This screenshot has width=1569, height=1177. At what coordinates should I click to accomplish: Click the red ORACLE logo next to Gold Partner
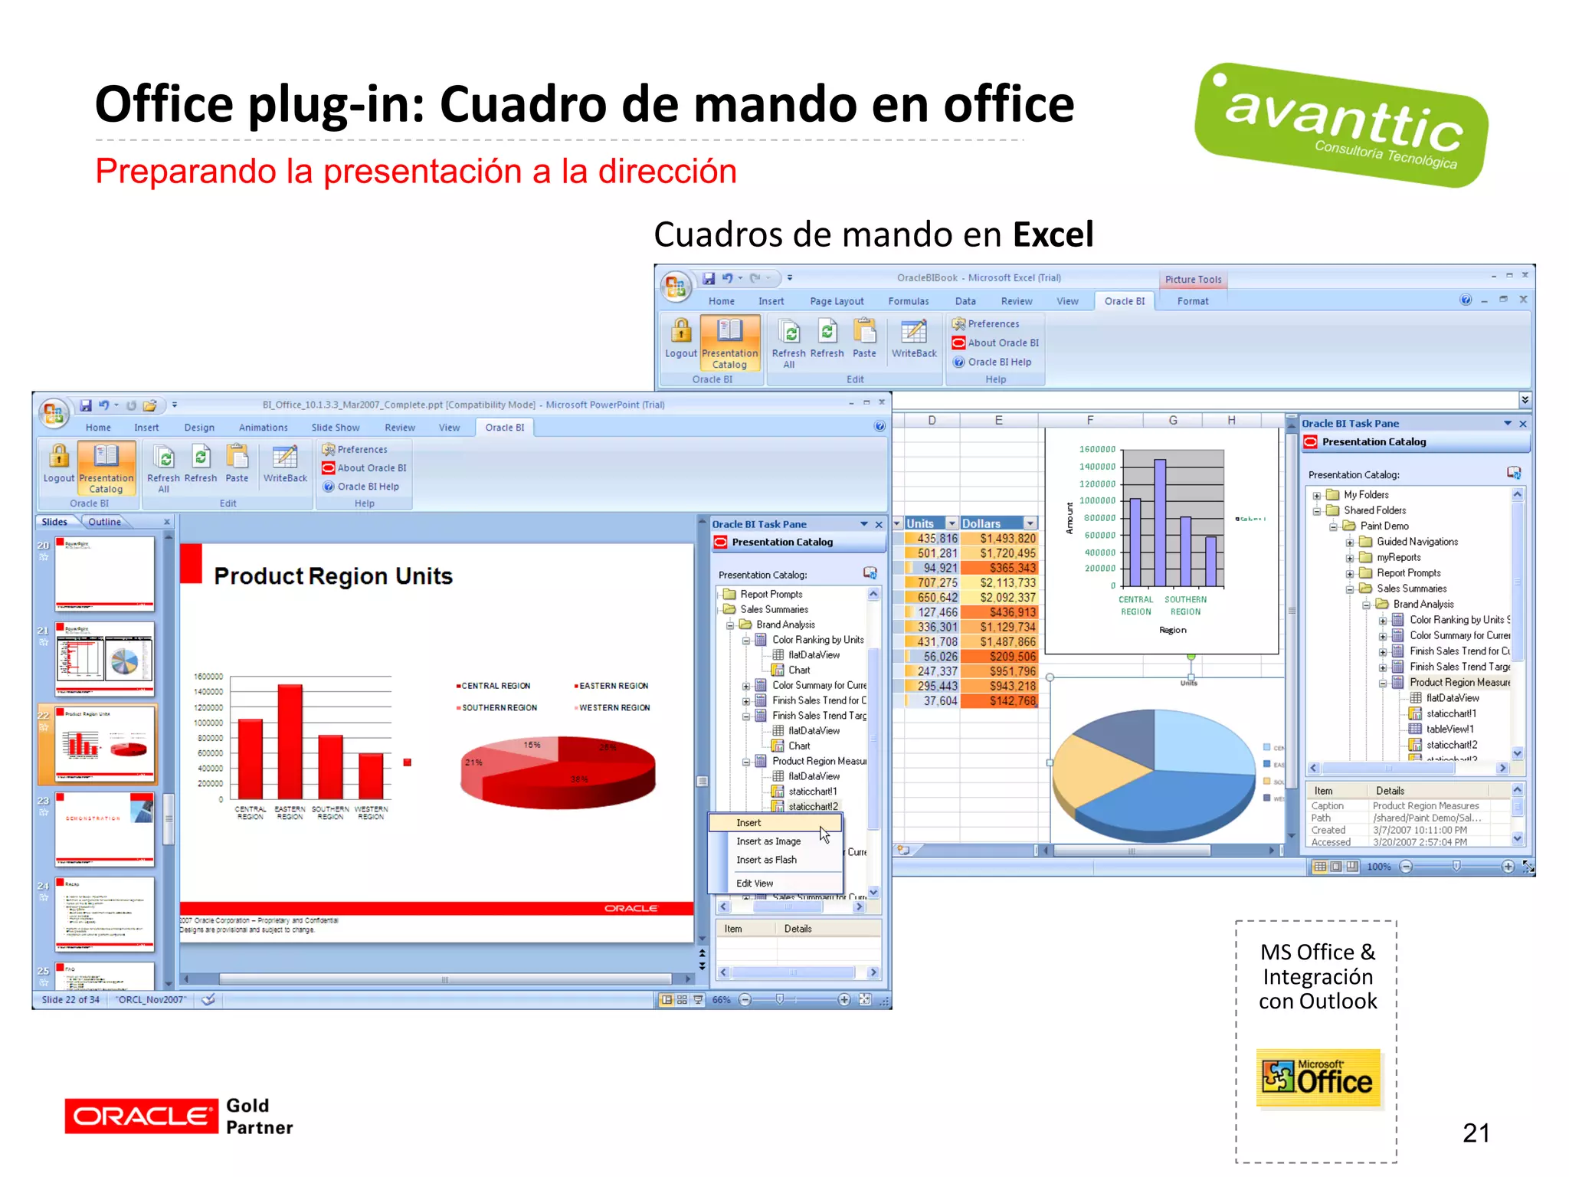click(x=141, y=1116)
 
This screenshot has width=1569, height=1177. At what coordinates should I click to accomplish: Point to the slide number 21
click(x=1476, y=1133)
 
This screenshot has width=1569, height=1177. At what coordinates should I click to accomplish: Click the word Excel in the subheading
click(x=1053, y=234)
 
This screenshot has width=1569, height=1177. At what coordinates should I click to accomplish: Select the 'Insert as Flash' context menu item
click(x=766, y=860)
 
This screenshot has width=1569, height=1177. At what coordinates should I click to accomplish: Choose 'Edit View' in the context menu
click(x=755, y=884)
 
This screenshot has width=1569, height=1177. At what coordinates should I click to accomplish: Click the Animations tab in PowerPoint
click(x=263, y=428)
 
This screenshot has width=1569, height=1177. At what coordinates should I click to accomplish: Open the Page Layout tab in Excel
click(x=837, y=301)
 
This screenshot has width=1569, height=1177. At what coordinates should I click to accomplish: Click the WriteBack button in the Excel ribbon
click(x=913, y=338)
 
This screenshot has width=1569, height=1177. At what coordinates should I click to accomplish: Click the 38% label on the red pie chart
click(x=579, y=779)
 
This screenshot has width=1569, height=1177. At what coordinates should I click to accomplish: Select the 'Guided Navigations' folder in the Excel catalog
click(x=1417, y=542)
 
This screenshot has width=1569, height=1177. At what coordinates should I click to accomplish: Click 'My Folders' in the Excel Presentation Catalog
click(x=1366, y=495)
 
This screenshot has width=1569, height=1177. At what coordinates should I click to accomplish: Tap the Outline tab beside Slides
click(x=104, y=522)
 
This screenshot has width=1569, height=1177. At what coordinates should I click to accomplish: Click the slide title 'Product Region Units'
click(x=333, y=576)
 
